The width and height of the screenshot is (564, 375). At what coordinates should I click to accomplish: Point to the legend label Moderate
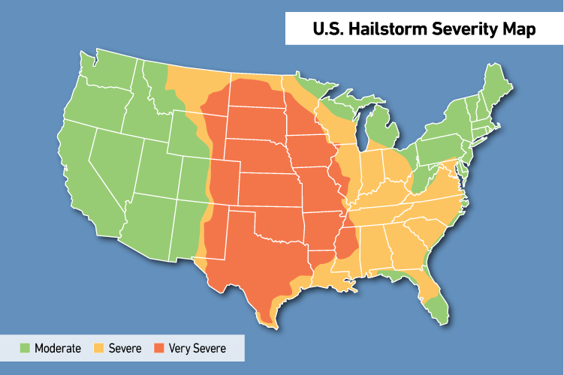(58, 348)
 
